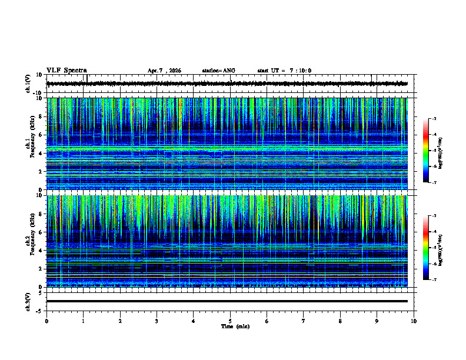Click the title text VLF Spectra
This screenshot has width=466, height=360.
coord(66,71)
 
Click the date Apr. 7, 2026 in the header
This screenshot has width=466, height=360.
coord(164,71)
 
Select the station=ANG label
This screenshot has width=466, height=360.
coord(218,71)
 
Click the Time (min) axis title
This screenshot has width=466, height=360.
coord(235,326)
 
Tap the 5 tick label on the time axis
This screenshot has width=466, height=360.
coord(230,321)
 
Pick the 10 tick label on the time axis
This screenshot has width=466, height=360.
coord(414,321)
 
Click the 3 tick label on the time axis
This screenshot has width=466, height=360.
coord(157,321)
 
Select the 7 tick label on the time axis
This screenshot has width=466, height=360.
coord(304,321)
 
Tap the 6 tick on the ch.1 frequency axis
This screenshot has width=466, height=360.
coord(41,135)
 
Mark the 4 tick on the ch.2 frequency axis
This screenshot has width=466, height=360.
coord(41,251)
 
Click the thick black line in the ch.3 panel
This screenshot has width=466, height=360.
coord(227,301)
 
